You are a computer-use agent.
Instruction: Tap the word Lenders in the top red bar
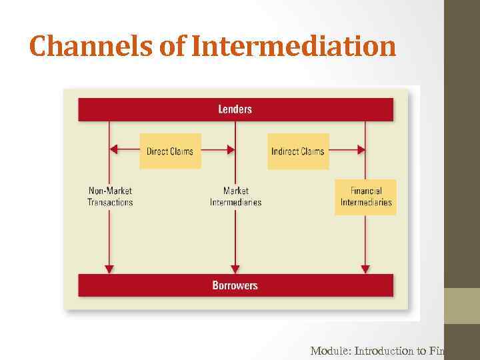click(x=235, y=109)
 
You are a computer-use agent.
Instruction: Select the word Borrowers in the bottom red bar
click(x=235, y=285)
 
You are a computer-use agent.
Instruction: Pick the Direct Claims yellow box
click(x=170, y=151)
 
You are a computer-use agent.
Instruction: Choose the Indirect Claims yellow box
click(x=298, y=151)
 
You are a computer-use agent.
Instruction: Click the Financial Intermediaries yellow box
click(x=366, y=197)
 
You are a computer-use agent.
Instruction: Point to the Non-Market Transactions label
click(x=110, y=197)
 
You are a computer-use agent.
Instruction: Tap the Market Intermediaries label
click(x=235, y=197)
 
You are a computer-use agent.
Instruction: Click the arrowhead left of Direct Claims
click(x=114, y=149)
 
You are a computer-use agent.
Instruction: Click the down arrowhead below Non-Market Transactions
click(x=109, y=269)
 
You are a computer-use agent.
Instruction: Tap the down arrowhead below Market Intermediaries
click(x=235, y=269)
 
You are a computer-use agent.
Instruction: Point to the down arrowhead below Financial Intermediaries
click(x=365, y=269)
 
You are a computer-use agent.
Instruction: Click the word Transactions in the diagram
click(x=110, y=202)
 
